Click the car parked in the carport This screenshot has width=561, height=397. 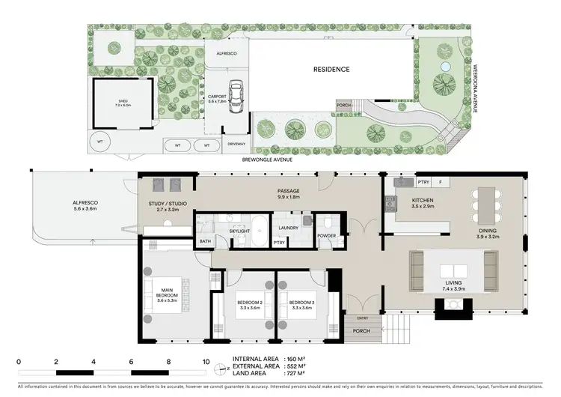[236, 95]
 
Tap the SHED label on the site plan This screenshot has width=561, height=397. [123, 103]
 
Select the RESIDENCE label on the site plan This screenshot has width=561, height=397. [331, 69]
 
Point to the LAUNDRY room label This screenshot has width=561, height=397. [289, 228]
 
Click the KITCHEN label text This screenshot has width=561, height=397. [423, 200]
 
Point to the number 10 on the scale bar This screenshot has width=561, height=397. [206, 362]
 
